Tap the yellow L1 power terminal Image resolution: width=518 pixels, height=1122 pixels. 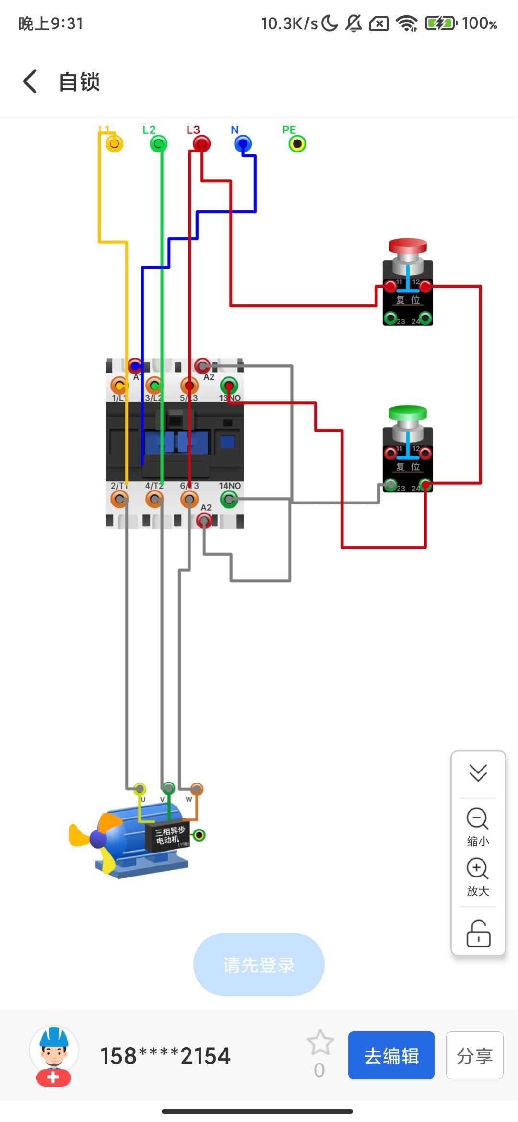(x=114, y=143)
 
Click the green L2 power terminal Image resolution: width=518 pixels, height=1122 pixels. (x=158, y=143)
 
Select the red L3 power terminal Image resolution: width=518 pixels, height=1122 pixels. (x=201, y=143)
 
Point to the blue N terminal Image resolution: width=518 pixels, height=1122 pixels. (x=243, y=143)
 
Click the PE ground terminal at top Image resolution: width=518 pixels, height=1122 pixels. (x=297, y=143)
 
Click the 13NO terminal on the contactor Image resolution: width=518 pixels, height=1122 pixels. (x=229, y=386)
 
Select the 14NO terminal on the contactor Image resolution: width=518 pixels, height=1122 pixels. (x=229, y=500)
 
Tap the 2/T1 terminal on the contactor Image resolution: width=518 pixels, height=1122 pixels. (x=119, y=500)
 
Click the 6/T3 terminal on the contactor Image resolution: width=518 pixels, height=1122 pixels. (x=189, y=500)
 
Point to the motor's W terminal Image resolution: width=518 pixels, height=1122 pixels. (x=196, y=789)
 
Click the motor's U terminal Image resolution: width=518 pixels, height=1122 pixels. (x=140, y=789)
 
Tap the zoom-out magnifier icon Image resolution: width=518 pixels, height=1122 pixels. (x=478, y=819)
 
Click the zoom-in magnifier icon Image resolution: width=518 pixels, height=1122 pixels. (x=478, y=868)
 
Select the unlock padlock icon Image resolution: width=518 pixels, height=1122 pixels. (x=478, y=934)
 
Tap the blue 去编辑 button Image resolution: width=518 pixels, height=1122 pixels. (x=391, y=1055)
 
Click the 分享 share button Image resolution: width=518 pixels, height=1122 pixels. (x=474, y=1055)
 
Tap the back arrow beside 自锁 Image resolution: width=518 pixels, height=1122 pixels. (x=30, y=82)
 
